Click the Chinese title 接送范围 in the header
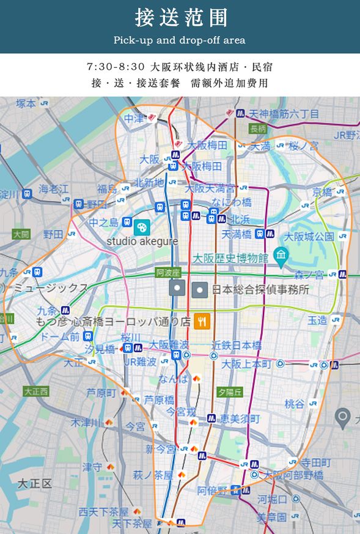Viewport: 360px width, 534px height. click(180, 18)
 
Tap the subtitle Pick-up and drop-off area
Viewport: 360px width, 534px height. click(180, 40)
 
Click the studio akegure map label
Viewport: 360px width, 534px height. click(142, 241)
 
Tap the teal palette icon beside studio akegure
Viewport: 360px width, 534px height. click(142, 227)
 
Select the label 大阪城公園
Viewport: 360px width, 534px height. click(309, 236)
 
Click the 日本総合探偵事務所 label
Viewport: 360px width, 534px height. click(260, 290)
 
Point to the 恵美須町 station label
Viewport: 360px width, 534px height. click(240, 419)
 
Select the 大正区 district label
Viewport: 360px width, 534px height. click(34, 483)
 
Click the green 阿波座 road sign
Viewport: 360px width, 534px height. click(168, 273)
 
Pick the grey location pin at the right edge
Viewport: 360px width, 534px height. click(343, 418)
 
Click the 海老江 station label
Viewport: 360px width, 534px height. click(54, 189)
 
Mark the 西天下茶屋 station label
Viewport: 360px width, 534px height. click(103, 511)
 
